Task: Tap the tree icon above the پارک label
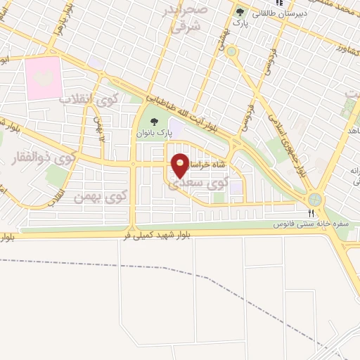(x=240, y=12)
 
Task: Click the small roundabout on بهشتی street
(x=231, y=51)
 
